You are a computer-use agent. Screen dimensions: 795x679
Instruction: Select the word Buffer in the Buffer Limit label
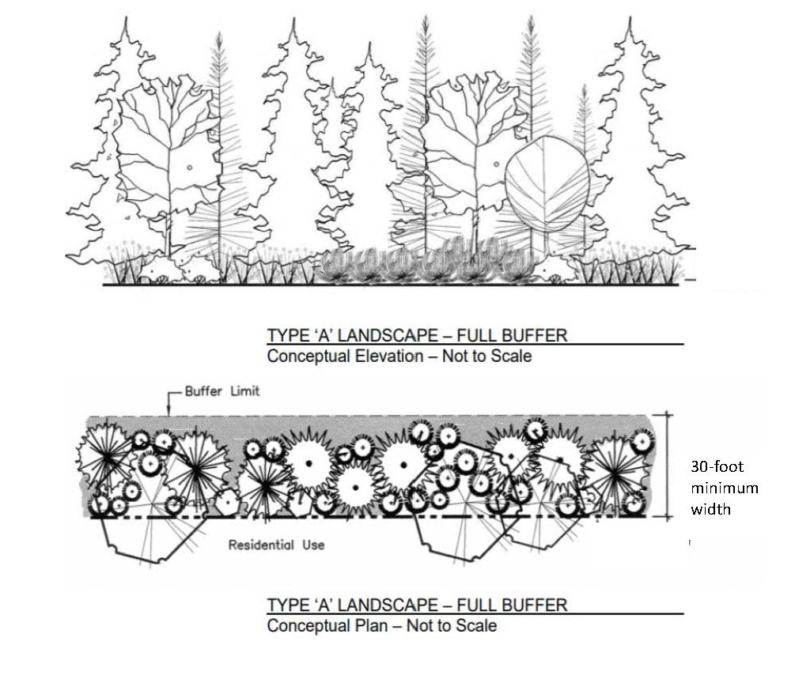pos(205,390)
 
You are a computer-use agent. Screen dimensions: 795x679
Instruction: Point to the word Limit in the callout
pos(244,390)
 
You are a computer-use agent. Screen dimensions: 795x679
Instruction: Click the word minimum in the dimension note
pos(725,488)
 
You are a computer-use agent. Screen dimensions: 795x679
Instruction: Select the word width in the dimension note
pos(710,509)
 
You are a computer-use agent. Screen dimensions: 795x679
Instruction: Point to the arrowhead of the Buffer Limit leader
pos(172,411)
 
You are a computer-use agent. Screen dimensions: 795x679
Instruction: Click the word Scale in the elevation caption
pos(511,356)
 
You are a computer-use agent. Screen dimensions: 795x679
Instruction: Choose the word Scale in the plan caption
pos(476,626)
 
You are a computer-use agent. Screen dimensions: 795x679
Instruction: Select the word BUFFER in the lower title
pos(536,605)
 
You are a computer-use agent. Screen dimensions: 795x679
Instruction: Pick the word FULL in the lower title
pos(478,605)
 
